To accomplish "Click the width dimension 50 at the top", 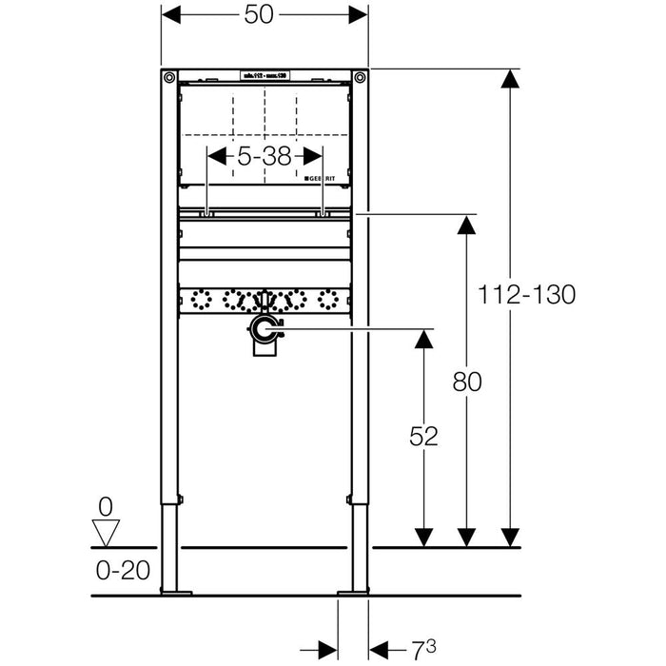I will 264,16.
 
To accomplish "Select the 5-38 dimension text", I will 264,156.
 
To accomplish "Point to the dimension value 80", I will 467,382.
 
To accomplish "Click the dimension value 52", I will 424,437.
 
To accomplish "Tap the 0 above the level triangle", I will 106,507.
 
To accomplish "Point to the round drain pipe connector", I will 263,330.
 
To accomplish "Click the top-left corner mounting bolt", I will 168,77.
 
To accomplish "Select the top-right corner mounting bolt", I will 360,77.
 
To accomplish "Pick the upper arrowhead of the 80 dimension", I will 467,227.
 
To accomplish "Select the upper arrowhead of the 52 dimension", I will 424,339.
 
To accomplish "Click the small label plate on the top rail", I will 264,74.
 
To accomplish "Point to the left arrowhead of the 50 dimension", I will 171,16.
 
